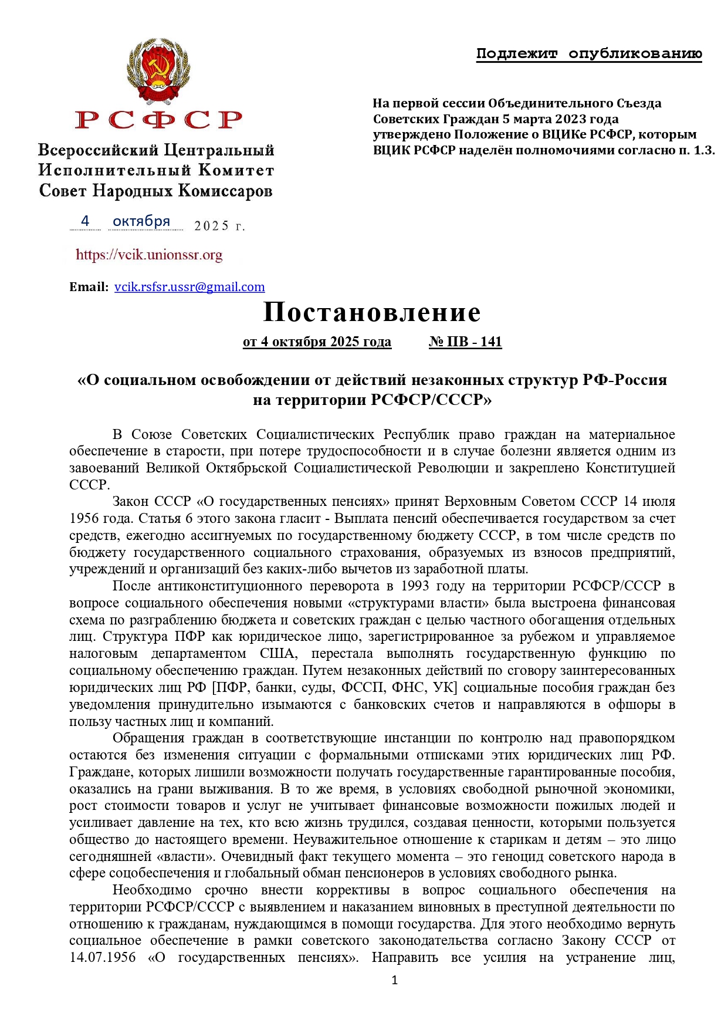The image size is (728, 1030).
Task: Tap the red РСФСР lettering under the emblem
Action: [158, 120]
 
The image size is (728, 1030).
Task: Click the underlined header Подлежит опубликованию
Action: [589, 54]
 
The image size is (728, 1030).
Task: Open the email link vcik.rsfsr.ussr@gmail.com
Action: [189, 287]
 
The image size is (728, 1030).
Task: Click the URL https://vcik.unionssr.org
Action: [149, 255]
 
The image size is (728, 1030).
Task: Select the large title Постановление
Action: [372, 312]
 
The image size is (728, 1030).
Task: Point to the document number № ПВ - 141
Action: [465, 342]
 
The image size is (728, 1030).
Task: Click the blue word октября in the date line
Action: [141, 221]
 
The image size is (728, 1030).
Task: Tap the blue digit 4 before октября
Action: [85, 221]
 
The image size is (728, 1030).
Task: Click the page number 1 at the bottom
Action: [394, 980]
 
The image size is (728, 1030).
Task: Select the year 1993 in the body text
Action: [415, 586]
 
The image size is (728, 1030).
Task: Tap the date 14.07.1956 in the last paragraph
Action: [102, 957]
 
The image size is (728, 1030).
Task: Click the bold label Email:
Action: [89, 287]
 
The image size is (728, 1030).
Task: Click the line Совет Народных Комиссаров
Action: [155, 191]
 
